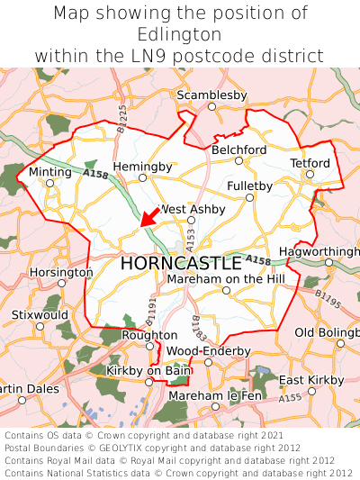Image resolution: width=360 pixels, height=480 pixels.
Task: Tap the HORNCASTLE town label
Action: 180,263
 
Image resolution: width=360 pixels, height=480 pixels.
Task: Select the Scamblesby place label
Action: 211,95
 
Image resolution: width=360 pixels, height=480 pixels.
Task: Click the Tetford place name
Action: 310,163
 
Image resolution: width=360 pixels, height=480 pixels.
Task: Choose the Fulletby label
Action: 250,186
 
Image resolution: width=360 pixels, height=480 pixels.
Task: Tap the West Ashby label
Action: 192,209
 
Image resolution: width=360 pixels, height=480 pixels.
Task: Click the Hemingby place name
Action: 142,167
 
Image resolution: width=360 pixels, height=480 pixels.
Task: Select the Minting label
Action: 49,171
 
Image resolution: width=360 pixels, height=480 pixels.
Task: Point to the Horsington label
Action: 61,272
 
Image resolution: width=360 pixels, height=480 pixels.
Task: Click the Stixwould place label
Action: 39,315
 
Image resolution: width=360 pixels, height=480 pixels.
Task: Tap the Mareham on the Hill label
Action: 226,279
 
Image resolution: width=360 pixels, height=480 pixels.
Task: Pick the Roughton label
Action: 149,335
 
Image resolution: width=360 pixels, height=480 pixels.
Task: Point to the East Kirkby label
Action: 311,380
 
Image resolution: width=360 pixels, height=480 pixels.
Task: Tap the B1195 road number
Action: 328,298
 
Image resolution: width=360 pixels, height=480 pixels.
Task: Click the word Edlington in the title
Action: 180,34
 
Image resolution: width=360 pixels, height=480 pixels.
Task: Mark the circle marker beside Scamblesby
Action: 211,106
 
